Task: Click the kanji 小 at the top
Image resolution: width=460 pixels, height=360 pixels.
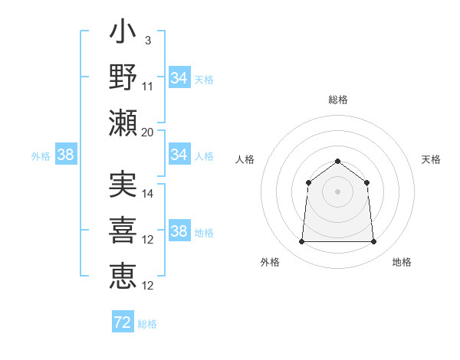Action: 123,34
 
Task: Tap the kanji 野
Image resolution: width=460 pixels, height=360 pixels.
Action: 123,78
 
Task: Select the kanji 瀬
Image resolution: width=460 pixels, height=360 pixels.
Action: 123,123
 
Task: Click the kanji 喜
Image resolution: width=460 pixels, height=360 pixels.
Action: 123,231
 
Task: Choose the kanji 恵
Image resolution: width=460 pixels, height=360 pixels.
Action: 123,276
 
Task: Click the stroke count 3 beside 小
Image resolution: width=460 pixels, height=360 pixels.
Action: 147,39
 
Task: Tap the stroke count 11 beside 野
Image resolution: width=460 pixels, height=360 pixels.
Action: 148,86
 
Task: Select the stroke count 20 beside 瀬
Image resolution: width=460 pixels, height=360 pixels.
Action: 148,132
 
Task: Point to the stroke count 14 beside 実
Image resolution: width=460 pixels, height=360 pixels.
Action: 148,194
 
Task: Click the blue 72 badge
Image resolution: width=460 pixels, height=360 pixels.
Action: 123,322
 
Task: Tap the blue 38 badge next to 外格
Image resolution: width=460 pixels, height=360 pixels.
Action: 66,155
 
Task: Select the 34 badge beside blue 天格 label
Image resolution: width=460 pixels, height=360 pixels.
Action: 179,77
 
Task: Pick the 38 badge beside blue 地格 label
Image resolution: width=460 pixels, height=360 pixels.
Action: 179,231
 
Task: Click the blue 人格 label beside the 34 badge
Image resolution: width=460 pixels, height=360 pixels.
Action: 204,155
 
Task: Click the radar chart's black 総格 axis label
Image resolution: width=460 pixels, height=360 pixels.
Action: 338,100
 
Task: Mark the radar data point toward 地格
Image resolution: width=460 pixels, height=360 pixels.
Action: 374,242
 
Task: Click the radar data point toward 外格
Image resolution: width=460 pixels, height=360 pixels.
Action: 301,242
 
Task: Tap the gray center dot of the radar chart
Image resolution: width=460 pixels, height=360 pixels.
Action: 338,191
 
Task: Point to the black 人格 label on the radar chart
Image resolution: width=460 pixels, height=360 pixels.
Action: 245,159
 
